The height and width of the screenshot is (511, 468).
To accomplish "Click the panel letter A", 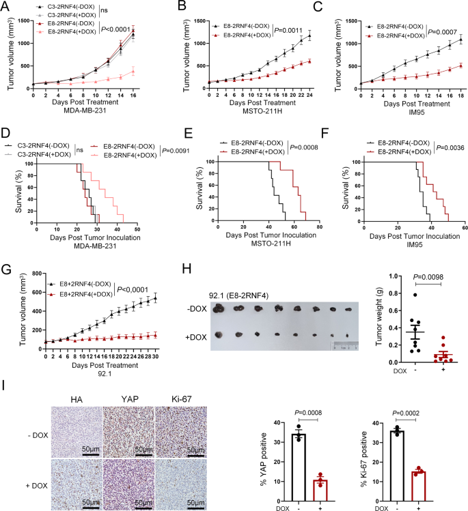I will pyautogui.click(x=5, y=6).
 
